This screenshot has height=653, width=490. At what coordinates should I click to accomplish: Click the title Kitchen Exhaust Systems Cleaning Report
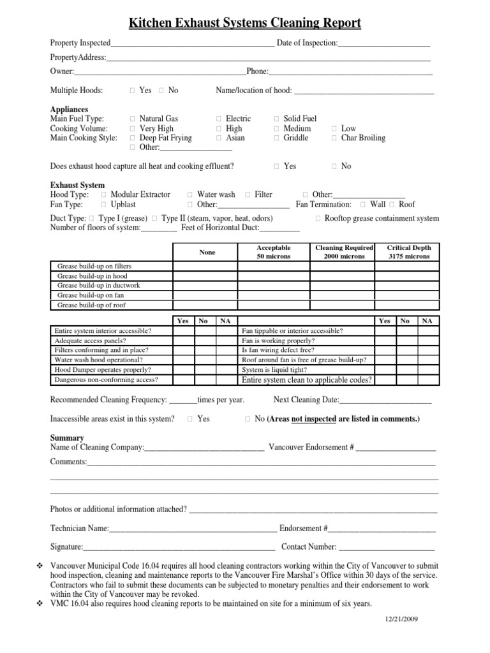click(x=245, y=24)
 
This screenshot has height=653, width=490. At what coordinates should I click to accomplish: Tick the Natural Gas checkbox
click(x=132, y=119)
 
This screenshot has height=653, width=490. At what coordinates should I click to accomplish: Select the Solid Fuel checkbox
click(x=276, y=119)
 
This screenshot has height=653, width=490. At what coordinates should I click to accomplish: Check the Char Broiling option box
click(x=334, y=138)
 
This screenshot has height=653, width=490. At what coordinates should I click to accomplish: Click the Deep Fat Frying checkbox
click(x=132, y=138)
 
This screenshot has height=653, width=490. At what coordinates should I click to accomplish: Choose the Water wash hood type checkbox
click(x=190, y=194)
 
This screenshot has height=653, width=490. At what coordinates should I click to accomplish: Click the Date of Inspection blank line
click(x=383, y=43)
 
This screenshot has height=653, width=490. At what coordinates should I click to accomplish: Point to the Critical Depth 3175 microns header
click(x=408, y=252)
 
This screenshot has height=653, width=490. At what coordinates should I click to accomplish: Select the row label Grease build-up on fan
click(x=91, y=295)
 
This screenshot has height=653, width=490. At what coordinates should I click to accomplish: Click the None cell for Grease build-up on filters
click(x=207, y=266)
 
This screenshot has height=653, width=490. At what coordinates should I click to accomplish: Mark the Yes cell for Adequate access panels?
click(x=182, y=341)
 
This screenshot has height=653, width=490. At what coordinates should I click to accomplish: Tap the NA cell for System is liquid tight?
click(x=427, y=369)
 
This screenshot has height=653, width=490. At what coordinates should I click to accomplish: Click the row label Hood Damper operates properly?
click(x=103, y=369)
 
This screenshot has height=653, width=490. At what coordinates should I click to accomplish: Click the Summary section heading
click(x=67, y=438)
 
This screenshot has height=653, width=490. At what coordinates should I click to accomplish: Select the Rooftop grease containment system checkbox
click(x=318, y=219)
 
